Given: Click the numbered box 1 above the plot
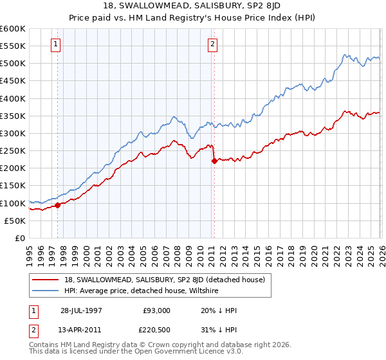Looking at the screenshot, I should point(57,44).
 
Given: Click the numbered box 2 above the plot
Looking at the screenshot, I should point(212,44).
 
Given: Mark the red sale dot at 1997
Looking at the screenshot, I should point(58,206).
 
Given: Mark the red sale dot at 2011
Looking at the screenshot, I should point(214,161).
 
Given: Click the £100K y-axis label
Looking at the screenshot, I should point(13,203).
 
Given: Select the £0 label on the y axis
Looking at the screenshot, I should point(19,239).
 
